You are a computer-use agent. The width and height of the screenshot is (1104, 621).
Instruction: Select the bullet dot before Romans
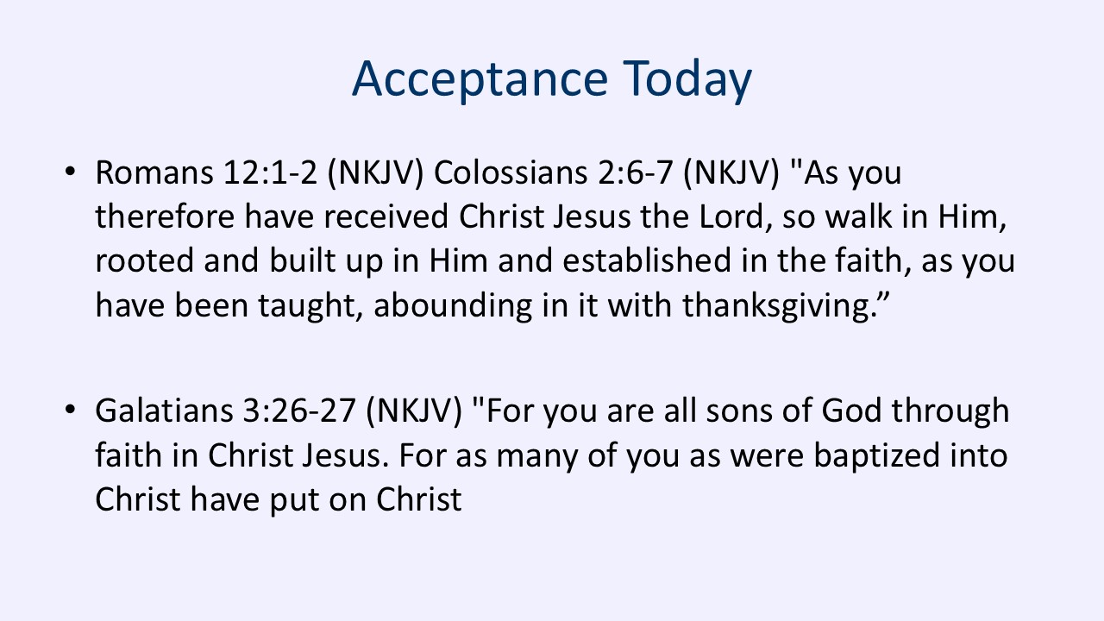70,172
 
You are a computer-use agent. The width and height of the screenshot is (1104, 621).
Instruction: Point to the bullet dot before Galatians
70,410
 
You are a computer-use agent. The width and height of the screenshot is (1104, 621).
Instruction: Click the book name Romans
154,173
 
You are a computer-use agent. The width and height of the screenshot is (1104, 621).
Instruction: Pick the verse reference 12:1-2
270,173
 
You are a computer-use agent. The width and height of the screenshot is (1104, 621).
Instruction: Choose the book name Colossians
511,173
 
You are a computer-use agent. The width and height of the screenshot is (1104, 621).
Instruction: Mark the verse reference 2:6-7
636,173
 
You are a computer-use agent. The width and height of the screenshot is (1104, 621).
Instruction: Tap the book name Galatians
164,411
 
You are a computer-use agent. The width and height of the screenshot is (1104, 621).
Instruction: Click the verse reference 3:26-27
299,411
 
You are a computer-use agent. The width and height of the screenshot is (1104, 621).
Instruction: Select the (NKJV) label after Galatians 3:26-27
414,411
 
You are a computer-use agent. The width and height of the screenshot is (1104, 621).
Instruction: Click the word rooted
144,261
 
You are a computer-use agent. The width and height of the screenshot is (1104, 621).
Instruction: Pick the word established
647,260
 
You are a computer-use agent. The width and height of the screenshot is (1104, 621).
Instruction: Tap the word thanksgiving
778,306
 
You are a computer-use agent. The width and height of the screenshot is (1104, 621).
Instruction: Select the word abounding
453,306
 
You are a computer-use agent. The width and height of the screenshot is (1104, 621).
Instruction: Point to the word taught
310,306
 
